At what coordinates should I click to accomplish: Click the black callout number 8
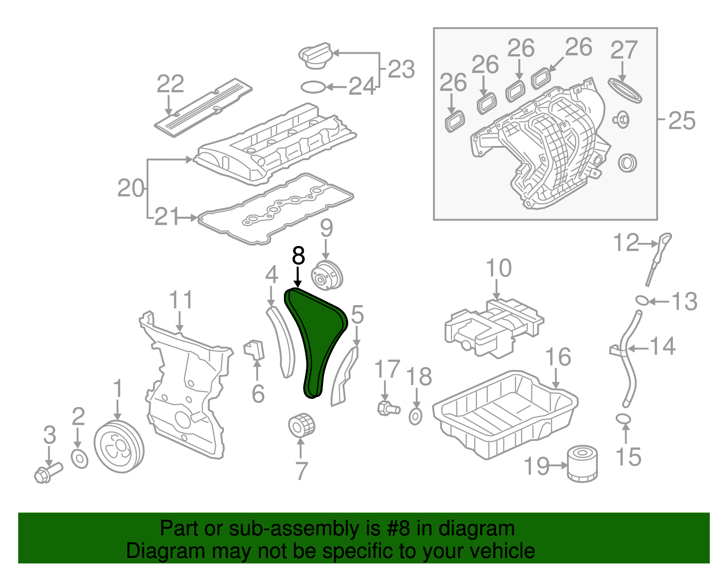[x=298, y=256]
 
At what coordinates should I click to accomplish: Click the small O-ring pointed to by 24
[x=313, y=86]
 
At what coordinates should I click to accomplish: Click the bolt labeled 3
[x=47, y=473]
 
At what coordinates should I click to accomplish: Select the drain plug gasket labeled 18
[x=415, y=416]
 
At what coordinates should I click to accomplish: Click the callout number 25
[x=682, y=121]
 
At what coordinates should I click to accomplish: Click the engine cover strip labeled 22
[x=202, y=106]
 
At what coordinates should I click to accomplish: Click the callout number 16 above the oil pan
[x=558, y=357]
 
